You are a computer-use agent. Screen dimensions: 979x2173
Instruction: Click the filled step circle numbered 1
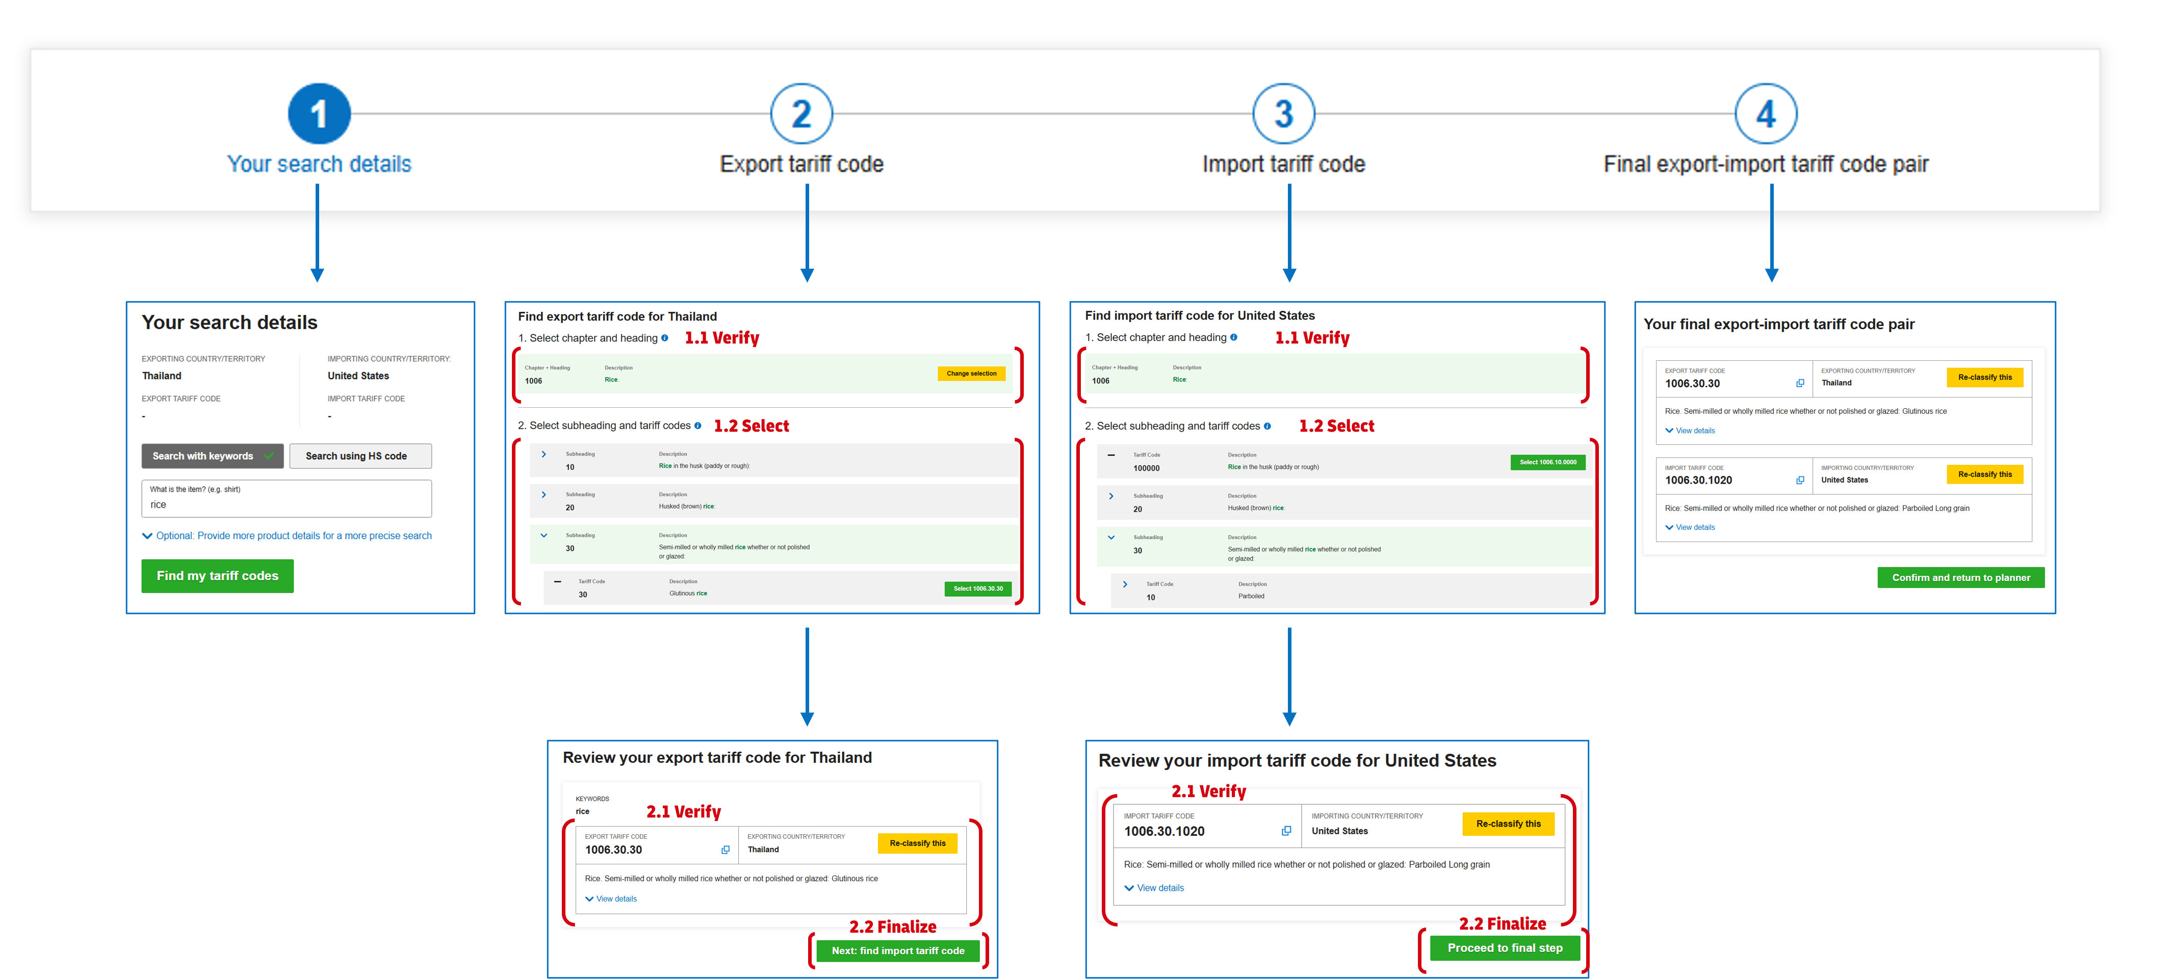click(319, 114)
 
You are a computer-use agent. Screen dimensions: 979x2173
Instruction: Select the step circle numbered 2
click(801, 114)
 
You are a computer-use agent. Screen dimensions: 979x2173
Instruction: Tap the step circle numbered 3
click(1283, 114)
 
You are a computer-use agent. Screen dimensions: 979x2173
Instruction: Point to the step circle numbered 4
click(1766, 114)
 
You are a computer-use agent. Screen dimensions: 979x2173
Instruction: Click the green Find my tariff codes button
click(218, 576)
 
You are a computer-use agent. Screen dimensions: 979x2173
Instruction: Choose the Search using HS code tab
click(360, 456)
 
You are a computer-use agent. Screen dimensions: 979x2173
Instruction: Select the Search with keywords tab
click(212, 456)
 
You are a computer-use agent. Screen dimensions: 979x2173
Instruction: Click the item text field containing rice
click(287, 504)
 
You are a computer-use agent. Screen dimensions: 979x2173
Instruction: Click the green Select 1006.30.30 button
click(978, 589)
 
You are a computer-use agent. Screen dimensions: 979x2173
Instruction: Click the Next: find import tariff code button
click(897, 950)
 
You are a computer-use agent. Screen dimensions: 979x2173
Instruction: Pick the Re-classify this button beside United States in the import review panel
click(1508, 824)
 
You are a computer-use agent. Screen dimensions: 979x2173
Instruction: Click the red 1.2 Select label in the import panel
click(1336, 427)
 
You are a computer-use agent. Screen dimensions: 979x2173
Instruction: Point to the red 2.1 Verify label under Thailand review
click(683, 812)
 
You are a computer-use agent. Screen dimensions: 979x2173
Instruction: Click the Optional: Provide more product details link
click(293, 536)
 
